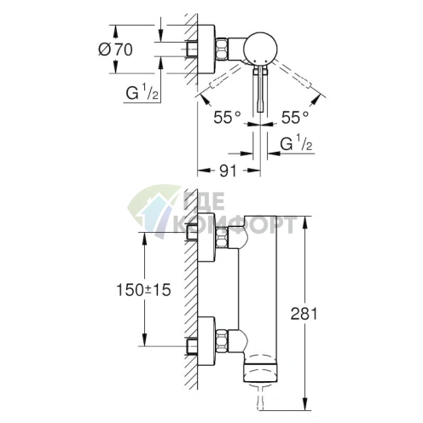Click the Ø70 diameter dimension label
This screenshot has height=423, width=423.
click(116, 49)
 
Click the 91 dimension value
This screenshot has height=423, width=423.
click(226, 171)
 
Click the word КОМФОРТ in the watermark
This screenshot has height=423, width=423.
click(242, 225)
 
